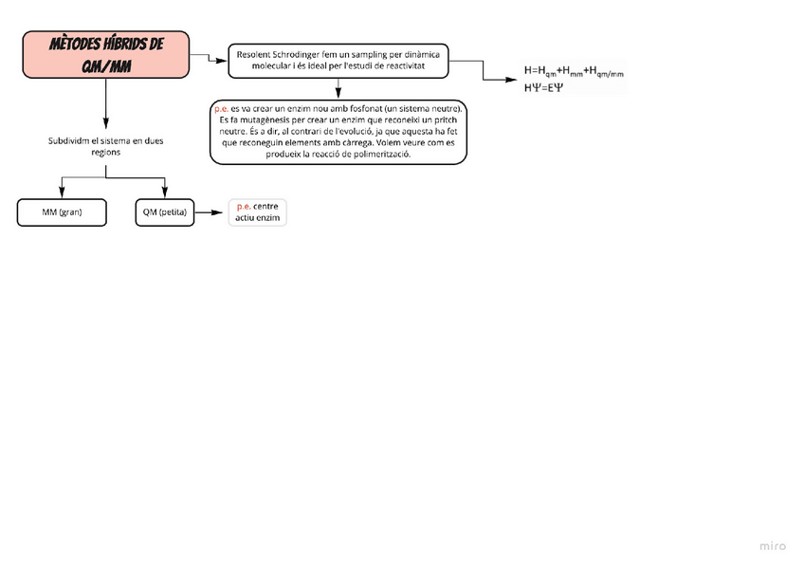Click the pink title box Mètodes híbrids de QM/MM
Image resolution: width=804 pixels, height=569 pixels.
(x=105, y=55)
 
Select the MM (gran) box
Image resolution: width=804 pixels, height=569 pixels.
(x=62, y=212)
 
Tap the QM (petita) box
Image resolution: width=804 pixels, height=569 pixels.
(x=164, y=212)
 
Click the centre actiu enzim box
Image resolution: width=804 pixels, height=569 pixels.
(x=257, y=211)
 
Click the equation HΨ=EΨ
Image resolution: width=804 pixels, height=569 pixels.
(x=544, y=87)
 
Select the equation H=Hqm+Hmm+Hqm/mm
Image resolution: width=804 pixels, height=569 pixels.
(x=575, y=71)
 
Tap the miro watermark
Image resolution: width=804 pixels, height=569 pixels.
(x=773, y=546)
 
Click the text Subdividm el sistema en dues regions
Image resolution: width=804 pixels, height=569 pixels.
(x=104, y=146)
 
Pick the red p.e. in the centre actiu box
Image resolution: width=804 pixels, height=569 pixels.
(x=244, y=206)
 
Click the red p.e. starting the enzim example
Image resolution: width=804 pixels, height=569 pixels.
(x=222, y=109)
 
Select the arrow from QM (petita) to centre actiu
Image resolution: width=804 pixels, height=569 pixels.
(x=210, y=213)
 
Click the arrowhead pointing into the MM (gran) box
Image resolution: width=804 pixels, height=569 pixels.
(x=62, y=194)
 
